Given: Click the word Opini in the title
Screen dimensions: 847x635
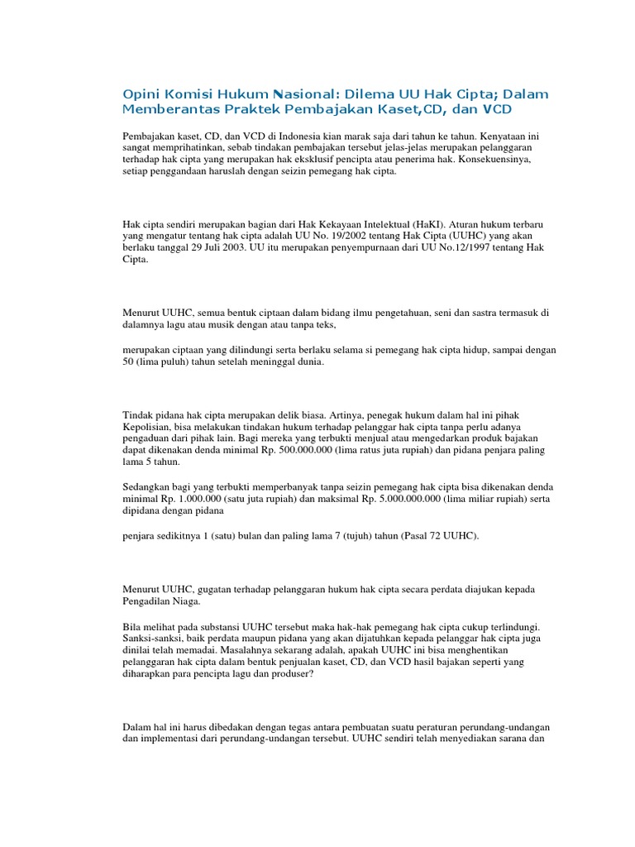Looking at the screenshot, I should [140, 94].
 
